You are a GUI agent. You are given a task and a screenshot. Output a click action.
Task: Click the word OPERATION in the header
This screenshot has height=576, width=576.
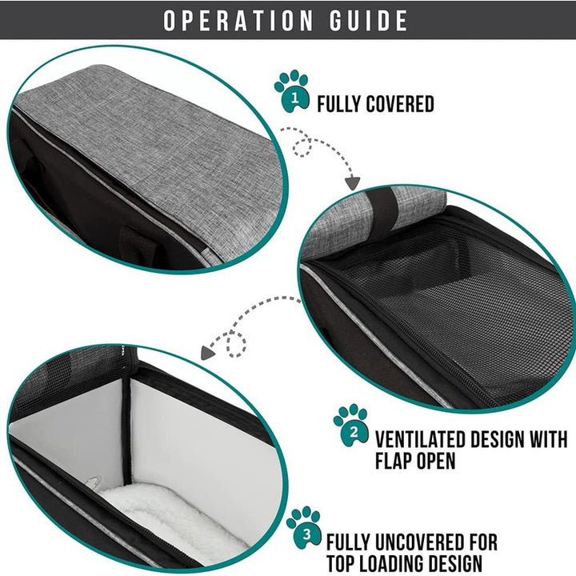[238, 20]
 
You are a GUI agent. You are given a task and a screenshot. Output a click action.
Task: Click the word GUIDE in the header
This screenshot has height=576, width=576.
[369, 20]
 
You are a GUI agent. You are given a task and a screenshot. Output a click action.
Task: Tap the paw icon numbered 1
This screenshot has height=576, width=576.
[292, 91]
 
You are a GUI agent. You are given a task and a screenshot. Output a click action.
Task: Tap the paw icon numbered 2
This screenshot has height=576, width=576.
[351, 426]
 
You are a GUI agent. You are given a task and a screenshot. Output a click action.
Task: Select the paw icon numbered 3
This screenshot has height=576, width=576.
[304, 527]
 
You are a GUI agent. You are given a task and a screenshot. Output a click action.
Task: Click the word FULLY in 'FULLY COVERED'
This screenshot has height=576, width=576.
[339, 104]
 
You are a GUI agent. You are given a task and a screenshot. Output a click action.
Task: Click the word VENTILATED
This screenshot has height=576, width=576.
[420, 438]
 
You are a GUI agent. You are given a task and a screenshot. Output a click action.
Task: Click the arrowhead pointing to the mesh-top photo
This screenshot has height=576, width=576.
[352, 182]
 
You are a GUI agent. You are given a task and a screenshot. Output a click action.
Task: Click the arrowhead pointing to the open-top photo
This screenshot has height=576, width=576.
[208, 353]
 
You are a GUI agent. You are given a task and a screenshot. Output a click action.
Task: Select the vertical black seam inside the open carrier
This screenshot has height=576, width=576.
[126, 430]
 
